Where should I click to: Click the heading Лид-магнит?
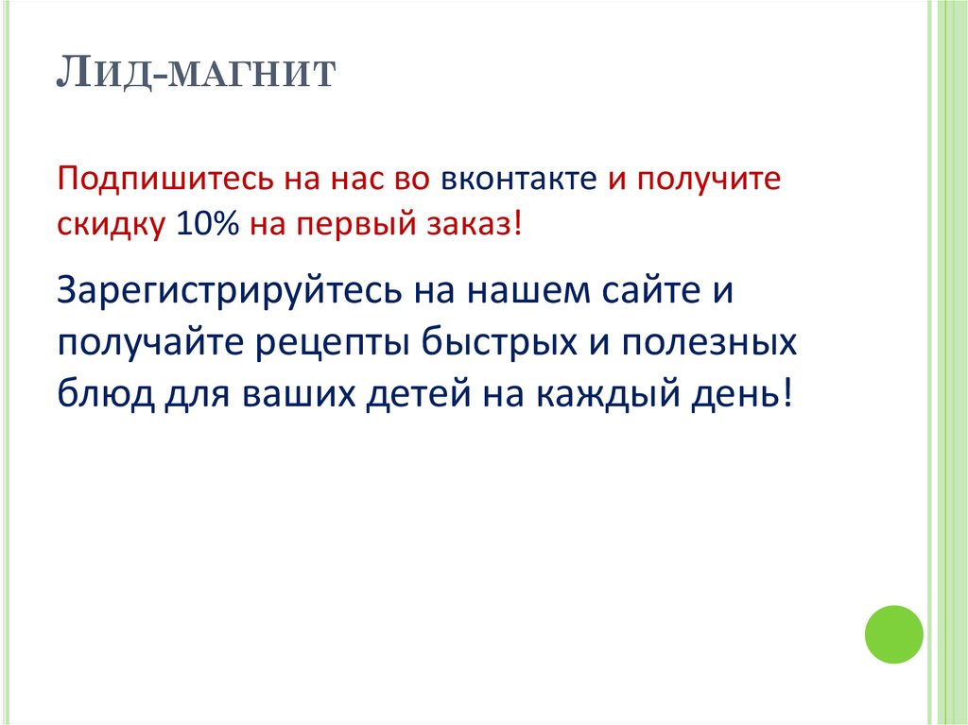click(x=197, y=73)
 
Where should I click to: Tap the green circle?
click(x=893, y=634)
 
